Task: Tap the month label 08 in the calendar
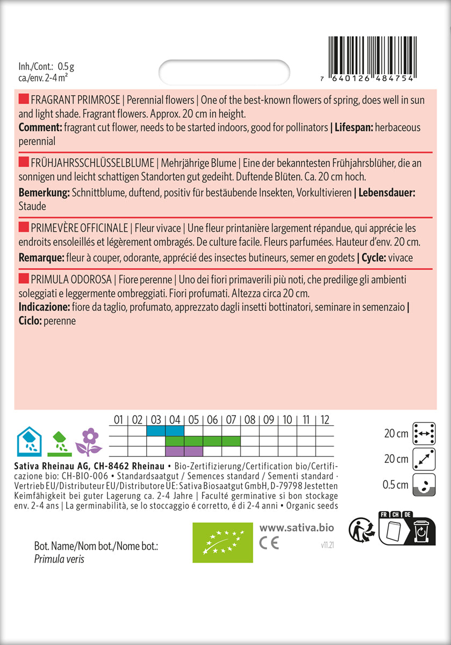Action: pos(250,420)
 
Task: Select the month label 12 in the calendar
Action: pos(325,420)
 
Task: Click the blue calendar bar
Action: pos(164,431)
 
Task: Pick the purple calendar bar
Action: pos(184,450)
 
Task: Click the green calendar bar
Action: pos(202,441)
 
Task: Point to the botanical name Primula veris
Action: pos(59,559)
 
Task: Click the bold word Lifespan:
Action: pos(355,127)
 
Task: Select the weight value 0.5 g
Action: pos(66,67)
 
